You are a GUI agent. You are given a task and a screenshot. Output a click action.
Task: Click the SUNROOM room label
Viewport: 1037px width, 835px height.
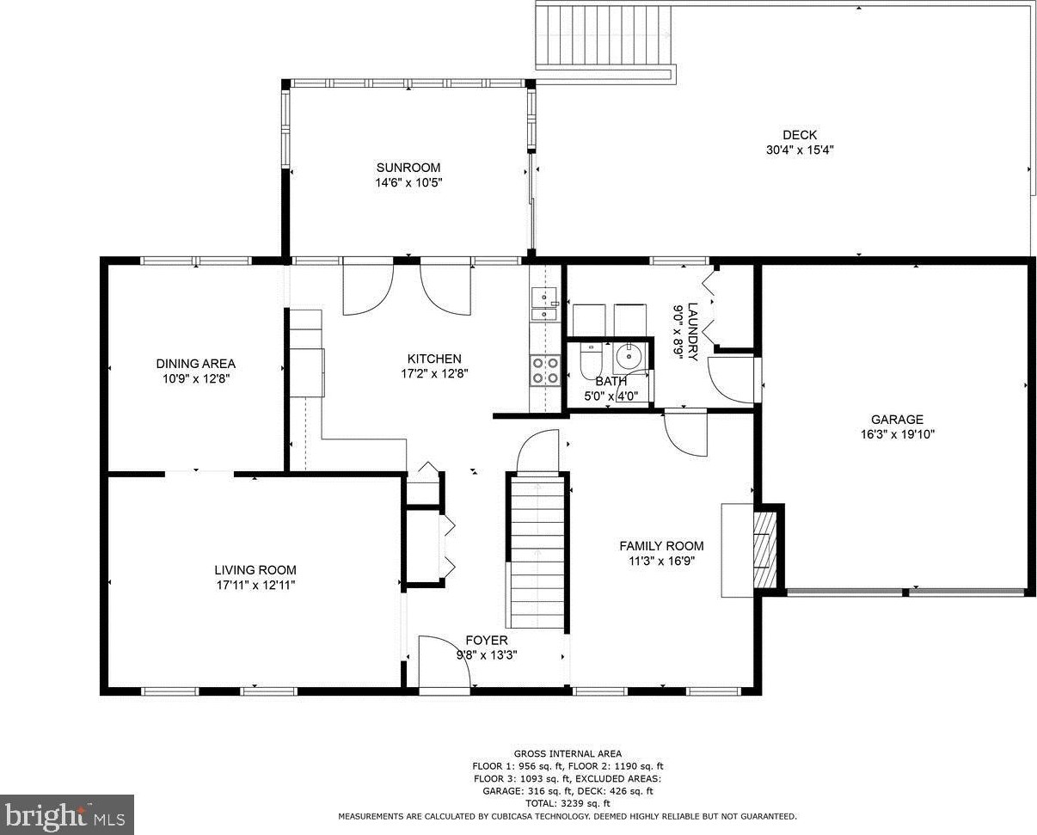(x=408, y=168)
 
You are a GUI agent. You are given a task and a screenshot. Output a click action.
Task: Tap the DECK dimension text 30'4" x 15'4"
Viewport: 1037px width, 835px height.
(x=800, y=150)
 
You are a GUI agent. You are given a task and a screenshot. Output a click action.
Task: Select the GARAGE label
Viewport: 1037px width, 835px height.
(x=897, y=420)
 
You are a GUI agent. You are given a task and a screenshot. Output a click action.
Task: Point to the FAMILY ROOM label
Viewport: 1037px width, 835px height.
(x=661, y=546)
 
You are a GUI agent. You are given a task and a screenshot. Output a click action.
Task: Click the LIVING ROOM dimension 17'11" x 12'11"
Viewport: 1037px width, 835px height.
(x=255, y=585)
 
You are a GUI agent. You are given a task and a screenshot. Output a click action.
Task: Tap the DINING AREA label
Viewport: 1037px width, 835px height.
(x=196, y=364)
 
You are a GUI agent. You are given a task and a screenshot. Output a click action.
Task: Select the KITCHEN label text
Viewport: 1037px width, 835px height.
(x=434, y=359)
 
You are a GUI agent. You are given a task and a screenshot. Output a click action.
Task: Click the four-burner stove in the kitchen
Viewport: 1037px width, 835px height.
(x=545, y=371)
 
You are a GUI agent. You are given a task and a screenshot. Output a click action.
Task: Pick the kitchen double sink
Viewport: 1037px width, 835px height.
(x=544, y=304)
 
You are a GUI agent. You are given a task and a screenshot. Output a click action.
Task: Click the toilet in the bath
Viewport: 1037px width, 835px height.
(x=589, y=361)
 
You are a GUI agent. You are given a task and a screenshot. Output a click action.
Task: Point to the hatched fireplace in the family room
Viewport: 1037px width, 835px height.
(x=765, y=550)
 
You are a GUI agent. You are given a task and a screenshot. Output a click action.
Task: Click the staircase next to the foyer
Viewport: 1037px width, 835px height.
(x=537, y=552)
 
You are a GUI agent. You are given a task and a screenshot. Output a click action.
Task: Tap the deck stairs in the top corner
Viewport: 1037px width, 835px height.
(x=604, y=38)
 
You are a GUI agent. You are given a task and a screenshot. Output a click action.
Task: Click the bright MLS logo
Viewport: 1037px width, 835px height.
(x=66, y=815)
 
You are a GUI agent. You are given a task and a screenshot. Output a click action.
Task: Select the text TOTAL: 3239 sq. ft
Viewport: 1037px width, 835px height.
(x=568, y=804)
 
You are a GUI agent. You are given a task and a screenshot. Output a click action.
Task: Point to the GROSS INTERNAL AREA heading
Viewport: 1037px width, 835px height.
(x=568, y=754)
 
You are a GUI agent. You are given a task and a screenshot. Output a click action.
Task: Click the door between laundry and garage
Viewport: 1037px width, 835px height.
(x=733, y=380)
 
